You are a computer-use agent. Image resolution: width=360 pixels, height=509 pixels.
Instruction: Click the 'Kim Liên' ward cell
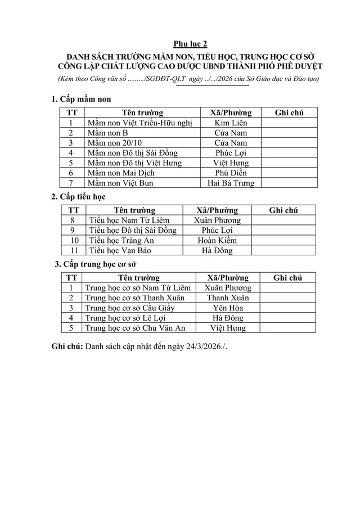point(231,123)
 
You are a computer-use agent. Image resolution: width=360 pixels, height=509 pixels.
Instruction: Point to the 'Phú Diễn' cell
point(231,173)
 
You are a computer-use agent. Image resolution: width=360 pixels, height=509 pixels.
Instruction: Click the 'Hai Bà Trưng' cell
point(231,183)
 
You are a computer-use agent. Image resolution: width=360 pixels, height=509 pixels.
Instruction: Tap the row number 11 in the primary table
point(73,250)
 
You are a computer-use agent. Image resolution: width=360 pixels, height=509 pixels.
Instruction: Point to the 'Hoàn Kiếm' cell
point(217,240)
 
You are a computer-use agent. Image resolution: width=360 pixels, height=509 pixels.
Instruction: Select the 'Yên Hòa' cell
point(227,308)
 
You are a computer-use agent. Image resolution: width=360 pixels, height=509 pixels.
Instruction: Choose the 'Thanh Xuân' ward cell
point(227,298)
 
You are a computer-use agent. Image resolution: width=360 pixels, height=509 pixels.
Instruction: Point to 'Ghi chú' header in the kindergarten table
point(289,112)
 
